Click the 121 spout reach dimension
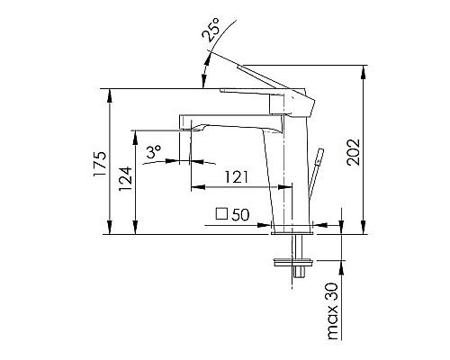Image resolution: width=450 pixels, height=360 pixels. pyautogui.click(x=236, y=178)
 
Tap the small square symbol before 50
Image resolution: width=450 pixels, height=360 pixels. pyautogui.click(x=221, y=214)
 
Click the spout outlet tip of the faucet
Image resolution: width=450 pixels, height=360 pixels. pyautogui.click(x=190, y=130)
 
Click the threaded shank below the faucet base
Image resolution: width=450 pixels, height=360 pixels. pyautogui.click(x=293, y=247)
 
